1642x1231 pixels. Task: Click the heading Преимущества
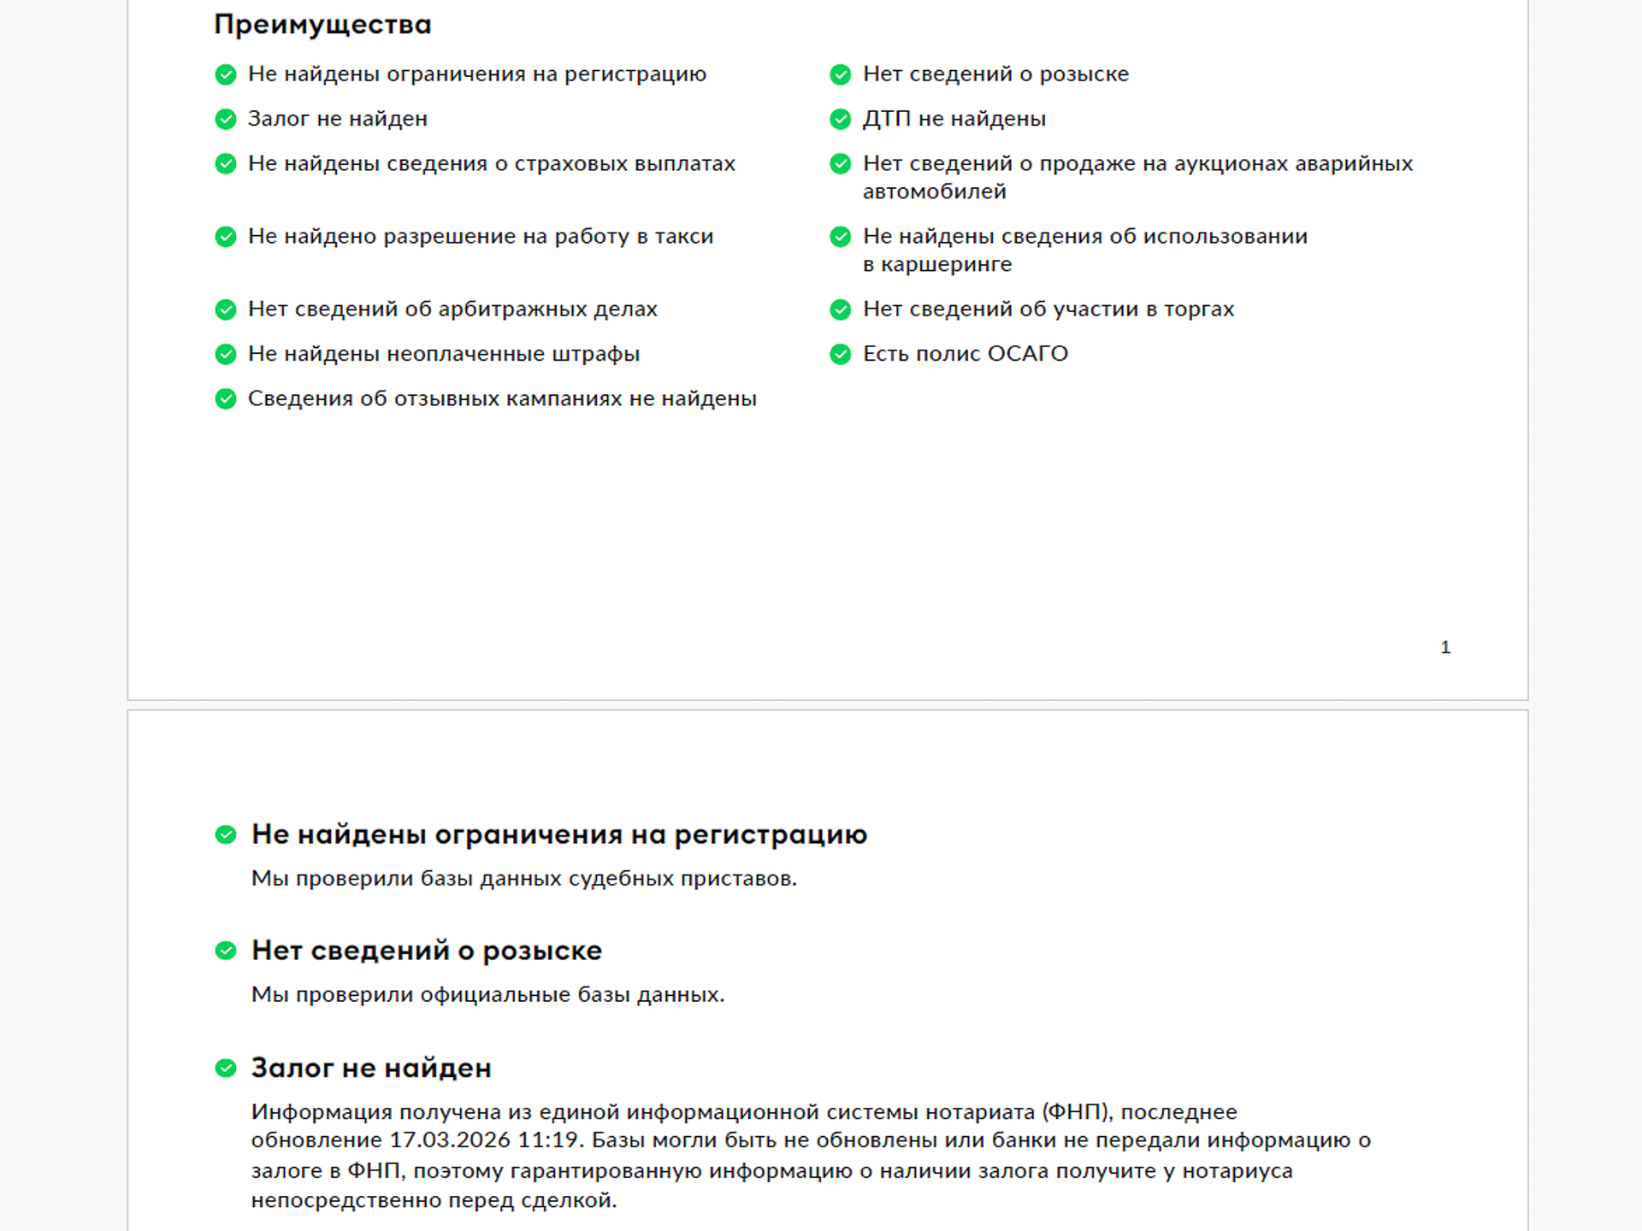tap(322, 25)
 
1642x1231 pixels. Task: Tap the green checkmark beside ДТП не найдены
tap(840, 119)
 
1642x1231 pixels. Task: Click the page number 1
tap(1444, 647)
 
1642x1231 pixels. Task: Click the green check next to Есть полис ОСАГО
tap(840, 354)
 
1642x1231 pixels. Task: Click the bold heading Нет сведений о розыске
tap(426, 951)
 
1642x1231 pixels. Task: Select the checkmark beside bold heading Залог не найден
tap(226, 1068)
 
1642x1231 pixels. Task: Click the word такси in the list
tap(683, 237)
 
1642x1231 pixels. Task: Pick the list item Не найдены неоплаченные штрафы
tap(443, 354)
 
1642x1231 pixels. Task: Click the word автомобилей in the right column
tap(934, 192)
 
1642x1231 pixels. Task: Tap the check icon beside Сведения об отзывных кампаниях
tap(226, 399)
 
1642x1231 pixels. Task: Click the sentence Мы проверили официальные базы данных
tap(487, 995)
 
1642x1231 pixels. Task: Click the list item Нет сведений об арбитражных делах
tap(452, 309)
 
